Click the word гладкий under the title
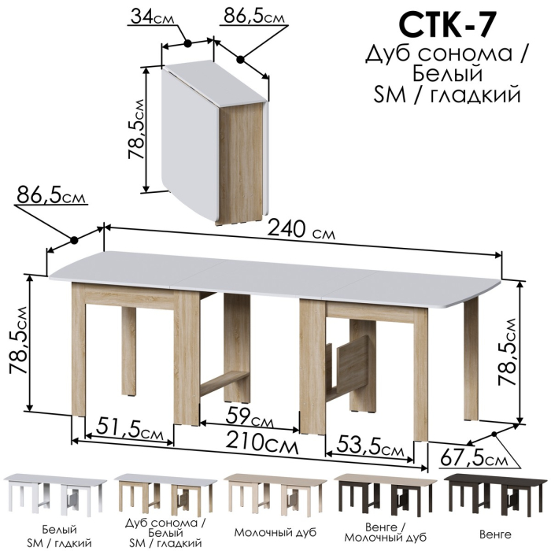(482, 94)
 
